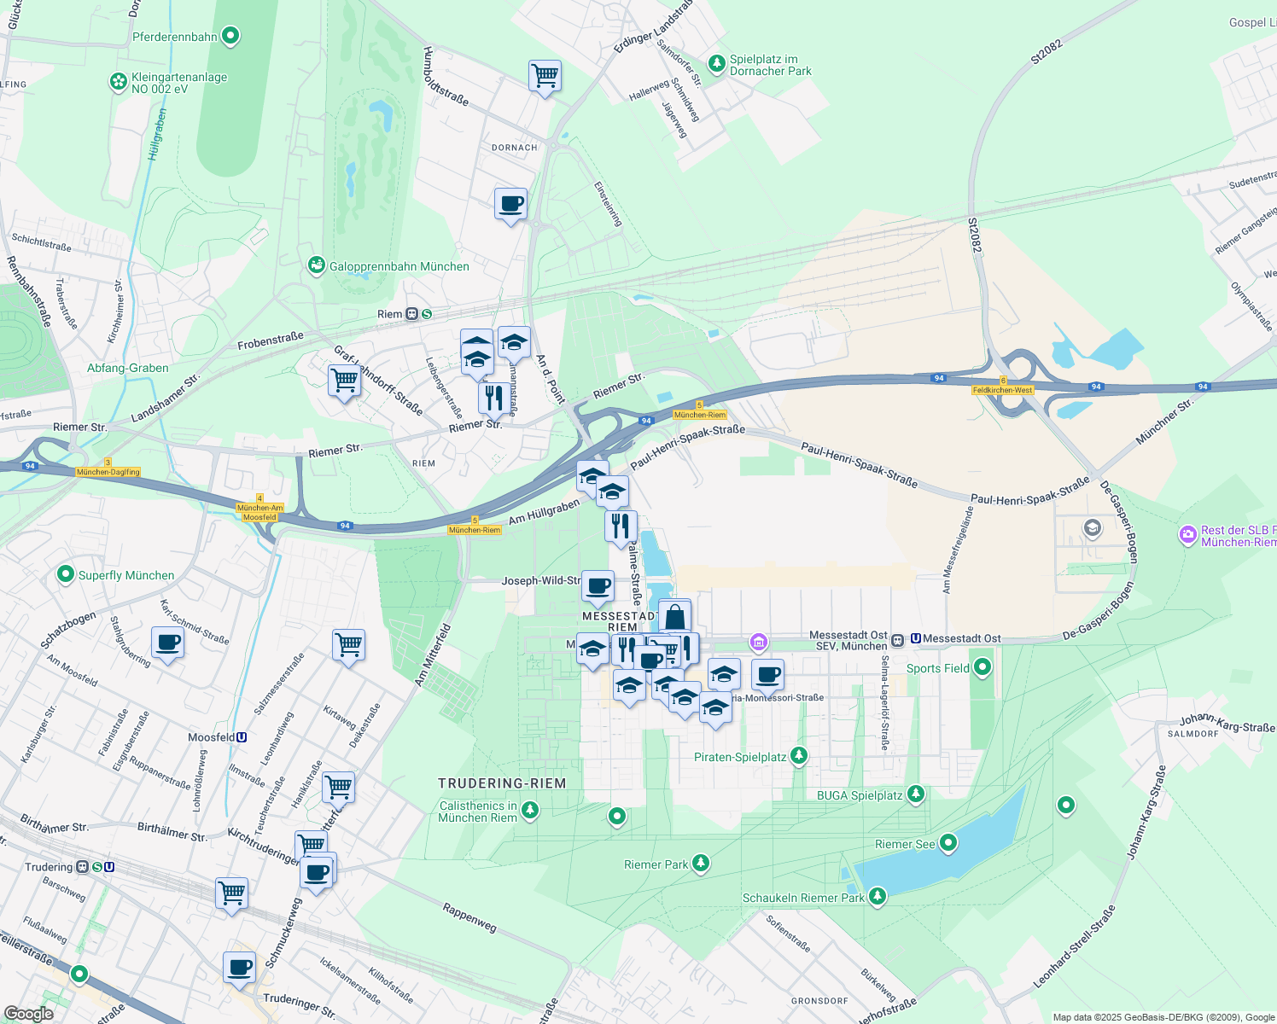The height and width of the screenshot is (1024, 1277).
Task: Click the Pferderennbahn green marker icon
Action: point(230,36)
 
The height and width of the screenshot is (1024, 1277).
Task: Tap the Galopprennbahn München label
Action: point(399,266)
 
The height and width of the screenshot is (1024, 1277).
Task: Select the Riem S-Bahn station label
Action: point(389,314)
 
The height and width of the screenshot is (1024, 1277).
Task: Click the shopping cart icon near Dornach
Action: point(545,76)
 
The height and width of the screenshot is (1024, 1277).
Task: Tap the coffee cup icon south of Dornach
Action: point(510,205)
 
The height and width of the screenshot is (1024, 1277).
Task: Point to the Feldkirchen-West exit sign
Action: point(1003,390)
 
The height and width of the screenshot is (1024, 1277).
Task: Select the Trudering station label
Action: point(49,867)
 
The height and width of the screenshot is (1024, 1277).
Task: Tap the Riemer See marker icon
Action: point(948,844)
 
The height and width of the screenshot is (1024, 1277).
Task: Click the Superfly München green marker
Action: point(66,575)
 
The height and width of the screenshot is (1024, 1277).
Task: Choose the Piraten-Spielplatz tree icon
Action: point(799,756)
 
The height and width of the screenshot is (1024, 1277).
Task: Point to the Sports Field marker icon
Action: point(983,667)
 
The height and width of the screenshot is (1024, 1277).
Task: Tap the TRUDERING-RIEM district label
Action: point(502,783)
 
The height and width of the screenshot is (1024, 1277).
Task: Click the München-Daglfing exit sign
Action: point(108,472)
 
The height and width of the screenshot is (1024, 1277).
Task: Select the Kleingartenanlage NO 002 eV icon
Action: point(118,82)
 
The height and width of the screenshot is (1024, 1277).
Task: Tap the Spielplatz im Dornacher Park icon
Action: point(717,63)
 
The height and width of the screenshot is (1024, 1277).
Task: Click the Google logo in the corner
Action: point(29,1013)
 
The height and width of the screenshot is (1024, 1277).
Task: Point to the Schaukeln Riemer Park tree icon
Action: point(878,897)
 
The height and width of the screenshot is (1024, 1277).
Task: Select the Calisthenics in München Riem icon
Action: point(530,809)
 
